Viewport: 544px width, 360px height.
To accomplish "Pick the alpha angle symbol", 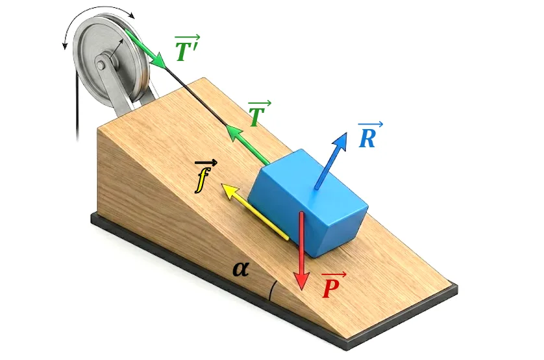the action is coord(241,268).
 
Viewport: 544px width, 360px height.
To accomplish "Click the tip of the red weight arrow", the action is coord(301,290).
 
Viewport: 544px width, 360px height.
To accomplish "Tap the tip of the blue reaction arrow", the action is coord(346,133).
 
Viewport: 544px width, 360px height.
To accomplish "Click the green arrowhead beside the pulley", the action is coord(160,61).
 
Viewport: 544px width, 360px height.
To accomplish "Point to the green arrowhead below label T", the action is coord(234,133).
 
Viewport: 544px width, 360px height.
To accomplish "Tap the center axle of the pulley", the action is coord(101,64).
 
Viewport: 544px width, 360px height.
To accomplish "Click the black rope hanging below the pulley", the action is coord(77,104).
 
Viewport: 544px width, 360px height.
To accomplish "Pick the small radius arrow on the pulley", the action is coord(117,48).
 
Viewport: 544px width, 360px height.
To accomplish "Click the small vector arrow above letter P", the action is coord(334,275).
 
